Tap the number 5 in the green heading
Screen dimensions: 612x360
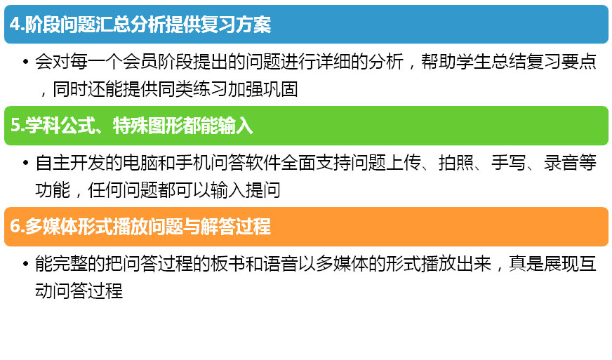point(15,126)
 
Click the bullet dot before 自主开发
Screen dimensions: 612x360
point(26,163)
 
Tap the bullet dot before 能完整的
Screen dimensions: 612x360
point(26,264)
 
